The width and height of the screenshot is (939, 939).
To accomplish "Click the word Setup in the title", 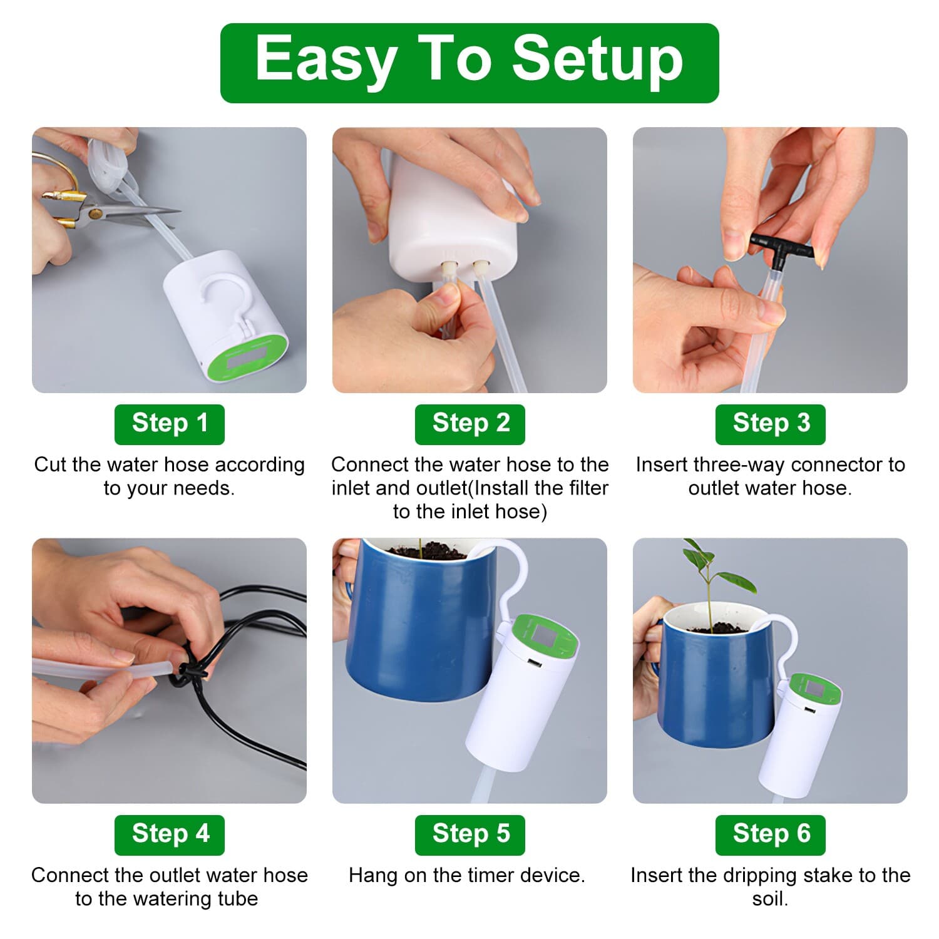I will coord(597,61).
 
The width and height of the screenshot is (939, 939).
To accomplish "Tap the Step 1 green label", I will coord(169,424).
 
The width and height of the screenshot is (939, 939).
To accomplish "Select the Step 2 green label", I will coord(470,424).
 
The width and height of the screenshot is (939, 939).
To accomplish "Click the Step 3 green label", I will coord(770,424).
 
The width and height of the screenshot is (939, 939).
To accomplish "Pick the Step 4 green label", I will coord(169,834).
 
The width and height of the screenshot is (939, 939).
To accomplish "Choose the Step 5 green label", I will coord(470,834).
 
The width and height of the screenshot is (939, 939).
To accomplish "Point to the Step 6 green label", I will coord(770,834).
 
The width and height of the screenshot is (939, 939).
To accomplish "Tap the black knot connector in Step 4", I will coord(191,674).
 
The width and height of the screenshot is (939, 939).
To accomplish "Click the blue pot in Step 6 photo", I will coord(714,689).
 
